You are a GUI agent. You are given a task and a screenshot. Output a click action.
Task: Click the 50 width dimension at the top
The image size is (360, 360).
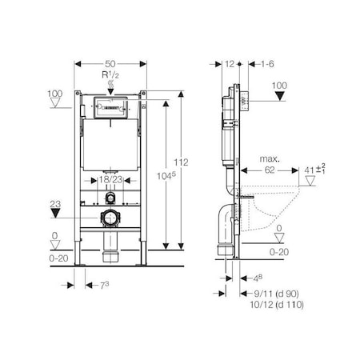pyautogui.click(x=110, y=62)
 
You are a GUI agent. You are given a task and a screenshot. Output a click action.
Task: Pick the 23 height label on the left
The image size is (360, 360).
pyautogui.click(x=55, y=205)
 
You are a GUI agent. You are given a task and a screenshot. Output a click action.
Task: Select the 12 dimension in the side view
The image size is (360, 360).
pyautogui.click(x=230, y=62)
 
